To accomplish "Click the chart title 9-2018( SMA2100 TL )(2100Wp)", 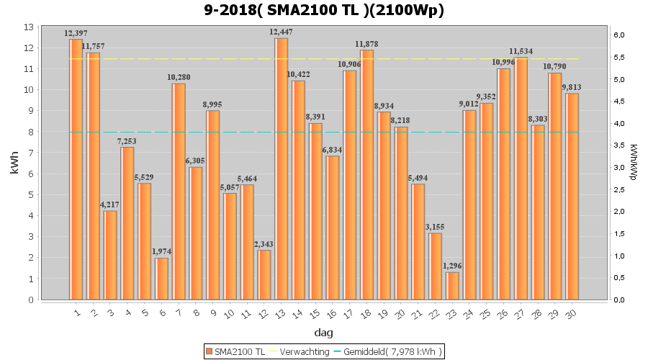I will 324,10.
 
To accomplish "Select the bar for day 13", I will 281,168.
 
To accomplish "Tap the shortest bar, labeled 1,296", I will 452,285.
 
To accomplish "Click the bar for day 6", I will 161,278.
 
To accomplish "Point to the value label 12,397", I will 76,33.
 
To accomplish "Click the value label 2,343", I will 264,244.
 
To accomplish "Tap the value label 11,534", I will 521,52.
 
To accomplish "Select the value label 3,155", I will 435,228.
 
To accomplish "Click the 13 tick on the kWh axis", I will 30,27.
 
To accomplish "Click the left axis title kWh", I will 14,163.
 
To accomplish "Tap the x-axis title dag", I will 324,333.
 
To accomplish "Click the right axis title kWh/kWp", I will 634,163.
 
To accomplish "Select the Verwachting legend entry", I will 299,351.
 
